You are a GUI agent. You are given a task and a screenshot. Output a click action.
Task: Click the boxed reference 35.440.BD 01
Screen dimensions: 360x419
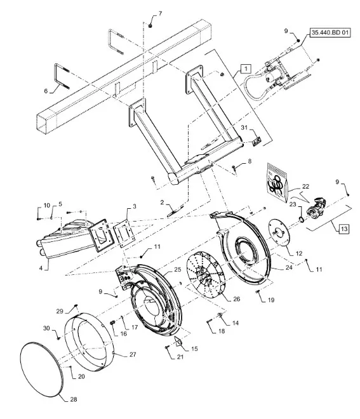click(x=330, y=33)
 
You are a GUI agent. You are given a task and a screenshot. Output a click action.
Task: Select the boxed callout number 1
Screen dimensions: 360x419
click(x=246, y=68)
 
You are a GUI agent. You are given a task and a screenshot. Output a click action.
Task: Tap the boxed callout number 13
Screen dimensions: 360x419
click(x=344, y=229)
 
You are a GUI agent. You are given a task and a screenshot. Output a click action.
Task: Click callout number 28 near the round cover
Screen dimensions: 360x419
click(x=74, y=399)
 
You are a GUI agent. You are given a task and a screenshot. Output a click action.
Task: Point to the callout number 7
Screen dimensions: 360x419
click(x=160, y=13)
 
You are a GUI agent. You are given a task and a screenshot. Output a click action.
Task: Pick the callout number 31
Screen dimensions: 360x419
click(x=244, y=128)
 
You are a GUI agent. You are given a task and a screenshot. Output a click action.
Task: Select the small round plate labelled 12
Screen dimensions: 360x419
click(x=279, y=232)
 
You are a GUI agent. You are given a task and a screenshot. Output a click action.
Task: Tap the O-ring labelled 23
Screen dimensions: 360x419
click(x=301, y=220)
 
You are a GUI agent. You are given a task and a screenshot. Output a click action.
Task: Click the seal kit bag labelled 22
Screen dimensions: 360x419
click(x=277, y=182)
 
